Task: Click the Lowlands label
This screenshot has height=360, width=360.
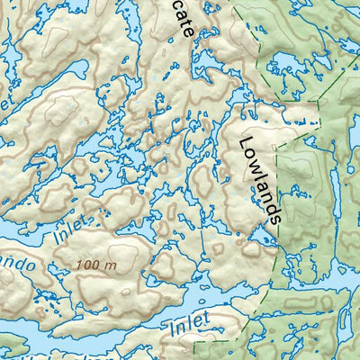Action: [262, 179]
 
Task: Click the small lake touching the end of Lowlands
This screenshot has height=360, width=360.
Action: [260, 235]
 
